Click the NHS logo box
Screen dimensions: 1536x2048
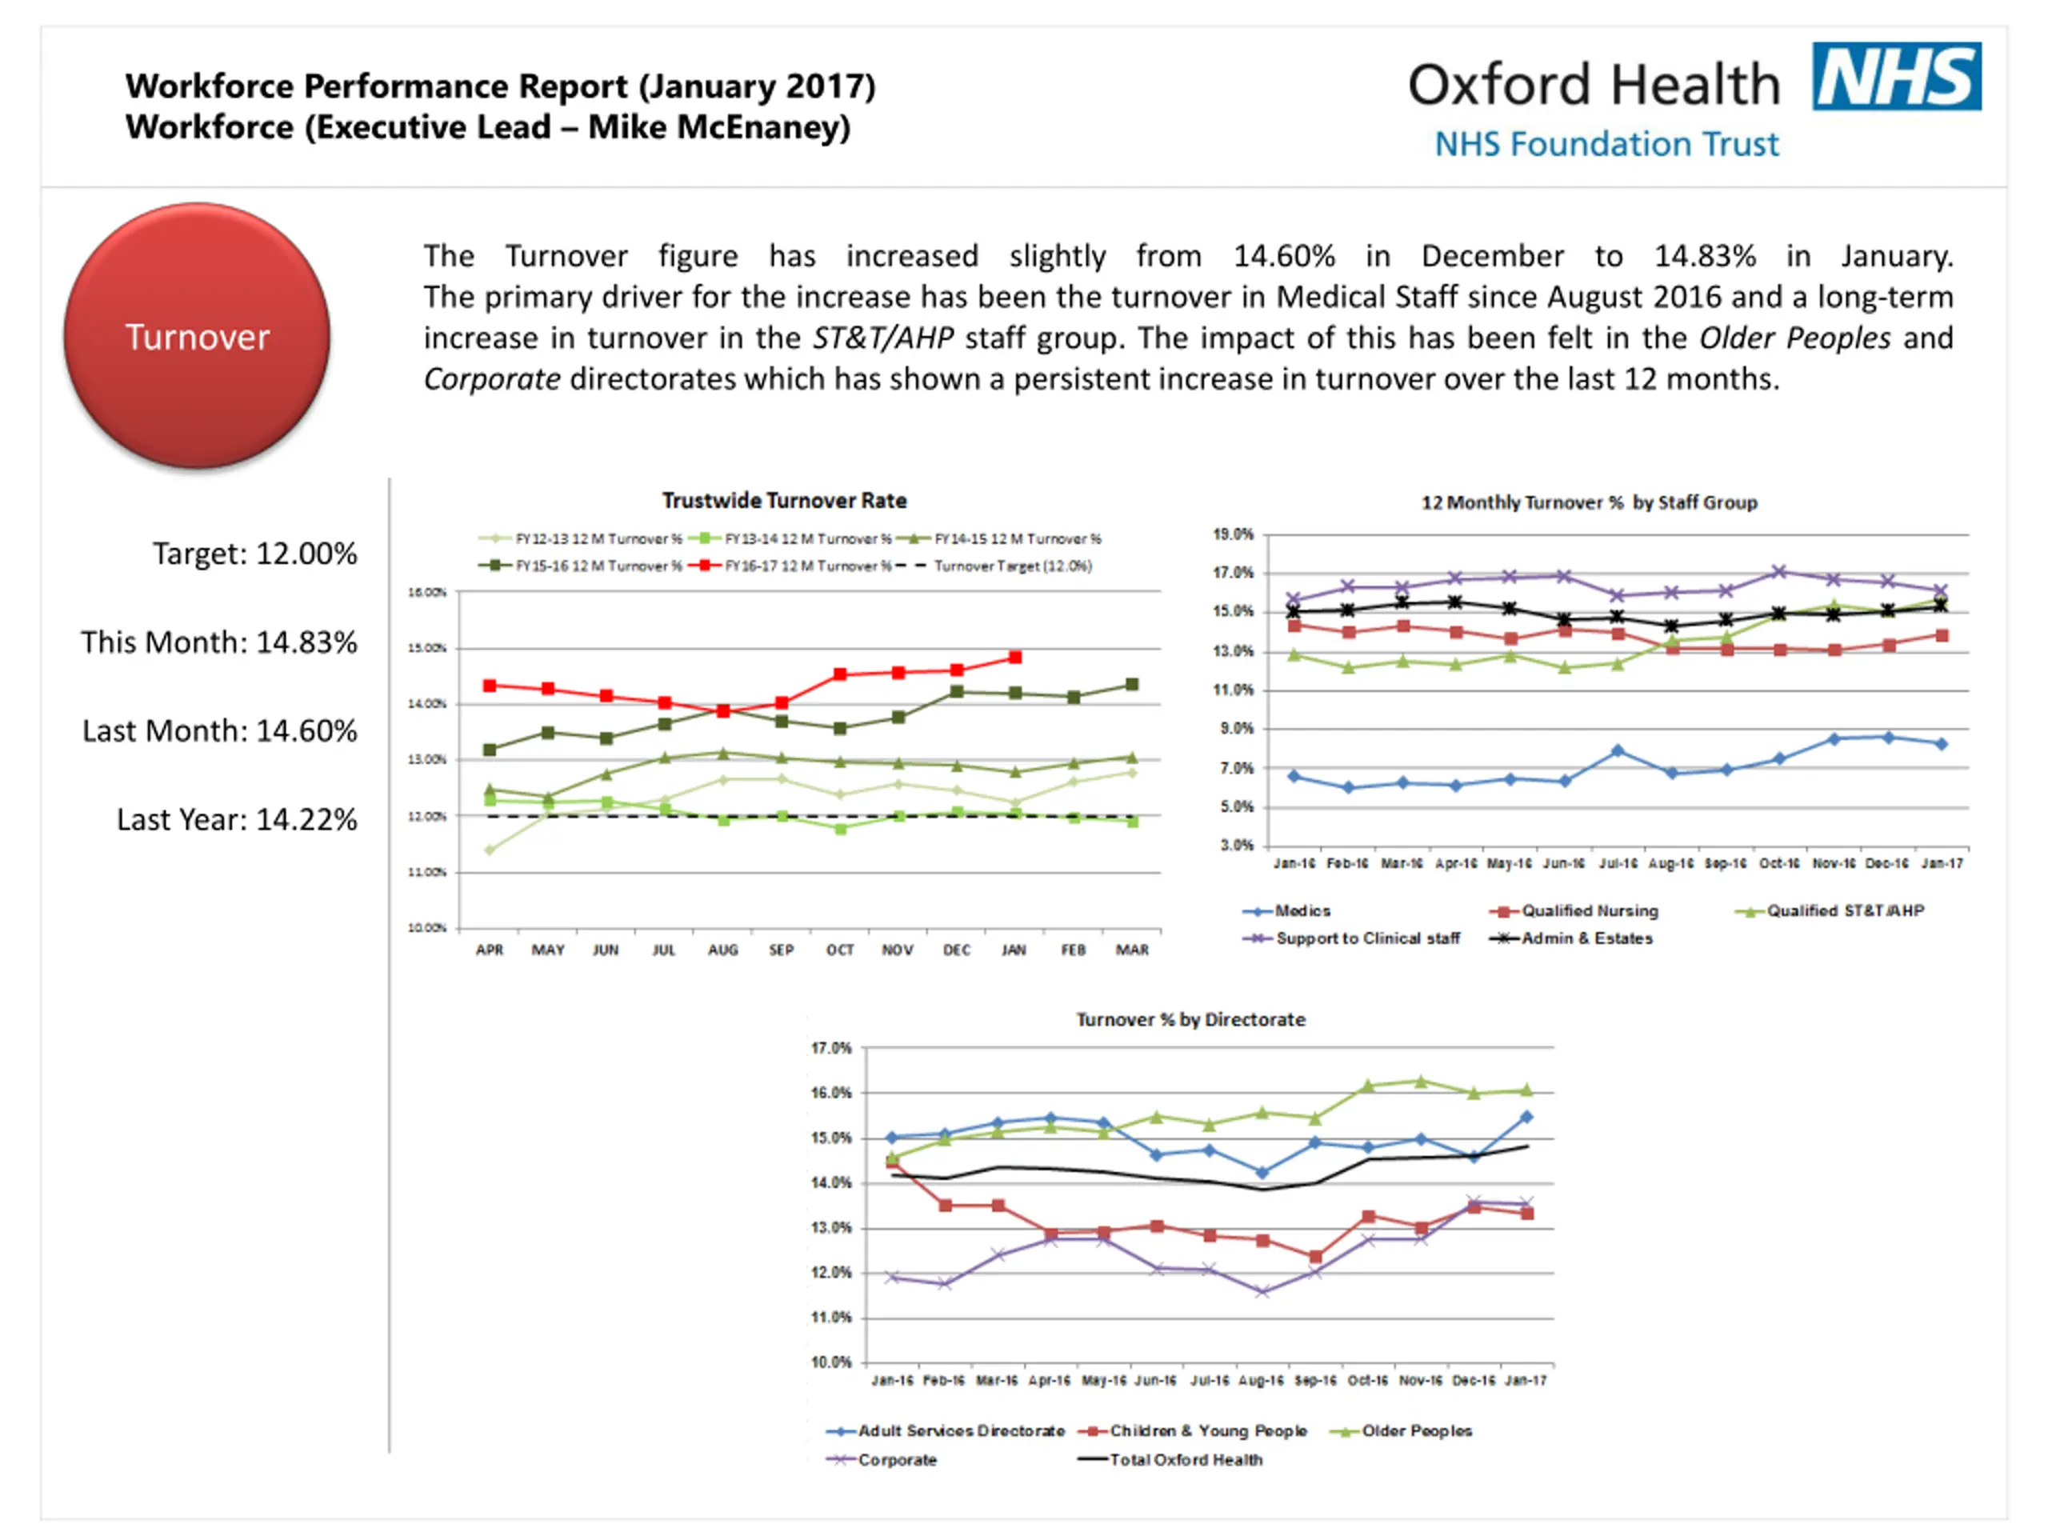[x=1895, y=76]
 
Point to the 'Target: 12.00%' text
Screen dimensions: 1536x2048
[x=254, y=554]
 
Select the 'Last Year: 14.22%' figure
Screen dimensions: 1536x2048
[x=236, y=819]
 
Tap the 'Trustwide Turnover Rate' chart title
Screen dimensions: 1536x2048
[x=783, y=501]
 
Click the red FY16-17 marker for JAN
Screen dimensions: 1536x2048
[x=1014, y=658]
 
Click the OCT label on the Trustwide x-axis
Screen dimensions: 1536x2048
[x=840, y=950]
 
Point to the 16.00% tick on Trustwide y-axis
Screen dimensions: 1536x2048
[x=427, y=592]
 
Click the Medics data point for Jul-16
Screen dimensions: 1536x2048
[x=1618, y=751]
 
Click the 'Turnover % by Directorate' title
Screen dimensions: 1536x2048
[x=1190, y=1019]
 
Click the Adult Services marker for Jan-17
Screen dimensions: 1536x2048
[x=1526, y=1118]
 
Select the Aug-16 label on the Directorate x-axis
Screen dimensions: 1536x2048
[x=1261, y=1381]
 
